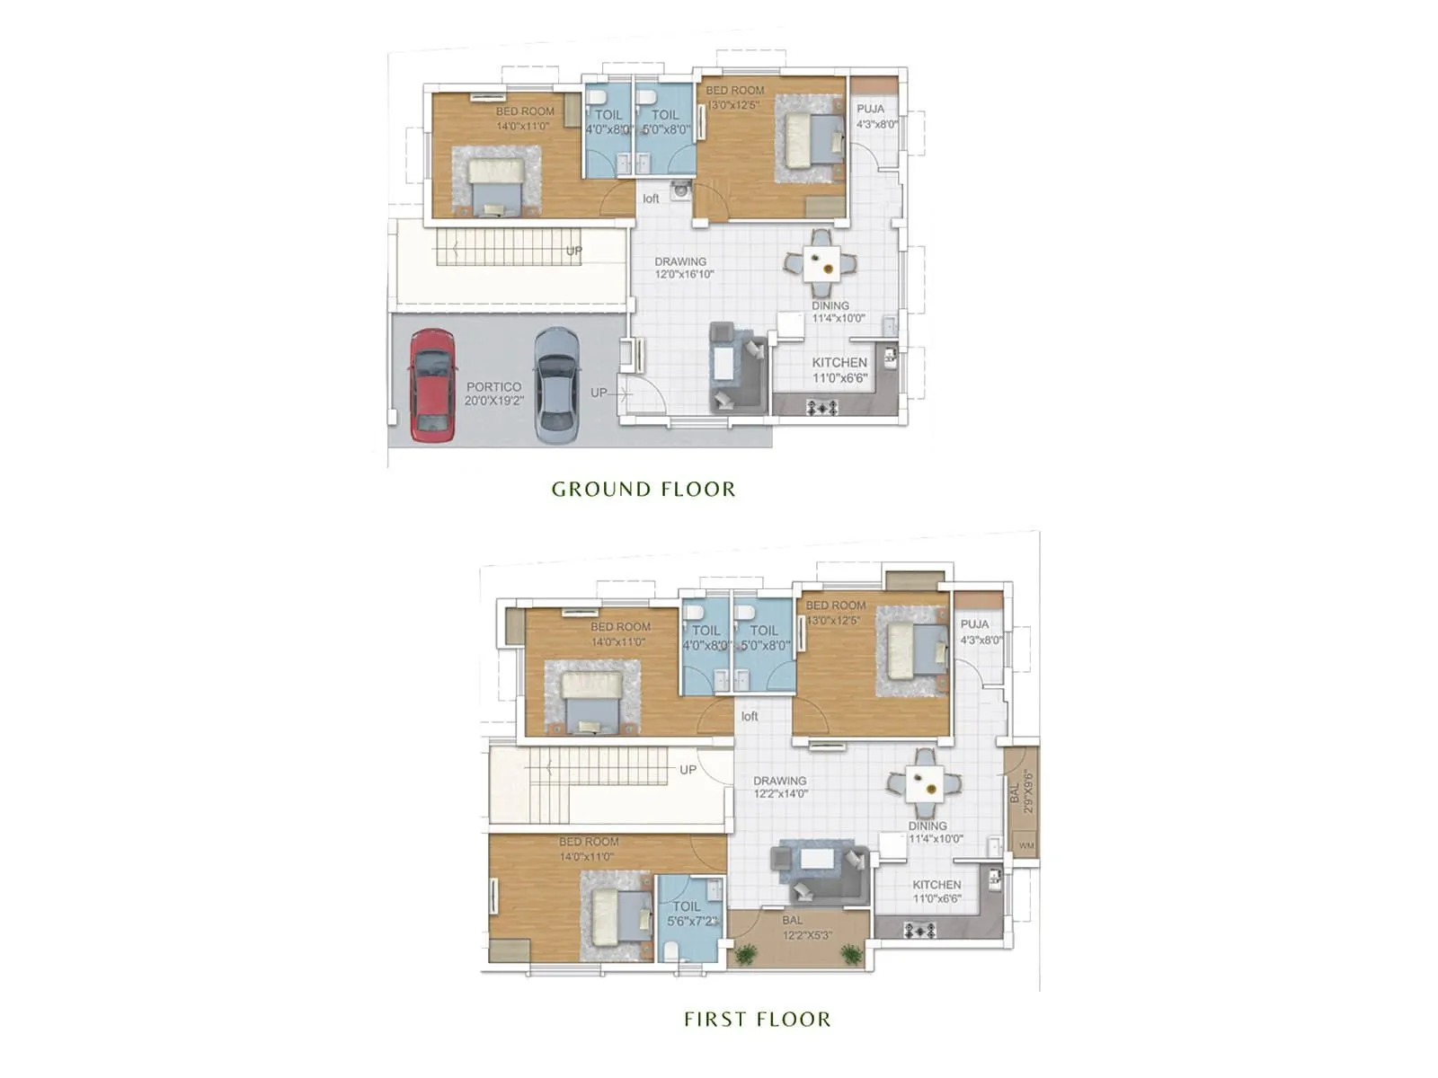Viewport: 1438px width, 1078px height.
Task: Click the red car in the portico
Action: tap(431, 386)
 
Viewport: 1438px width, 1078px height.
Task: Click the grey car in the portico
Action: tap(556, 386)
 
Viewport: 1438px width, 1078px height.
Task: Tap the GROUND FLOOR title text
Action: tap(644, 490)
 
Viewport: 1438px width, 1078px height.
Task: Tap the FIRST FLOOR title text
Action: tap(757, 1020)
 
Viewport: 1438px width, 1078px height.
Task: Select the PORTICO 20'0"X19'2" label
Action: tap(493, 393)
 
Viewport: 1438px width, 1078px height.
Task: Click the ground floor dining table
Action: tap(821, 263)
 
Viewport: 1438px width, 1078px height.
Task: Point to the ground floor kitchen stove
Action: tap(822, 408)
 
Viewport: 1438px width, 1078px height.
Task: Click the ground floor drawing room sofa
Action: tap(737, 368)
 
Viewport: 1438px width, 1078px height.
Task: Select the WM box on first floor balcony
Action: tap(1025, 845)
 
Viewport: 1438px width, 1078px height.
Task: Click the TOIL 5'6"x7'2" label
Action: tap(689, 915)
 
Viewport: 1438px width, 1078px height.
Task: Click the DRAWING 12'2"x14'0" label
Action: tap(780, 787)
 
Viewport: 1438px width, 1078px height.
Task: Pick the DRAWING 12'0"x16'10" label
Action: tap(683, 268)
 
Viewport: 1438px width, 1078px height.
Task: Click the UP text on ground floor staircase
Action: tap(574, 251)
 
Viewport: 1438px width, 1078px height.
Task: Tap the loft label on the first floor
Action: tap(750, 716)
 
